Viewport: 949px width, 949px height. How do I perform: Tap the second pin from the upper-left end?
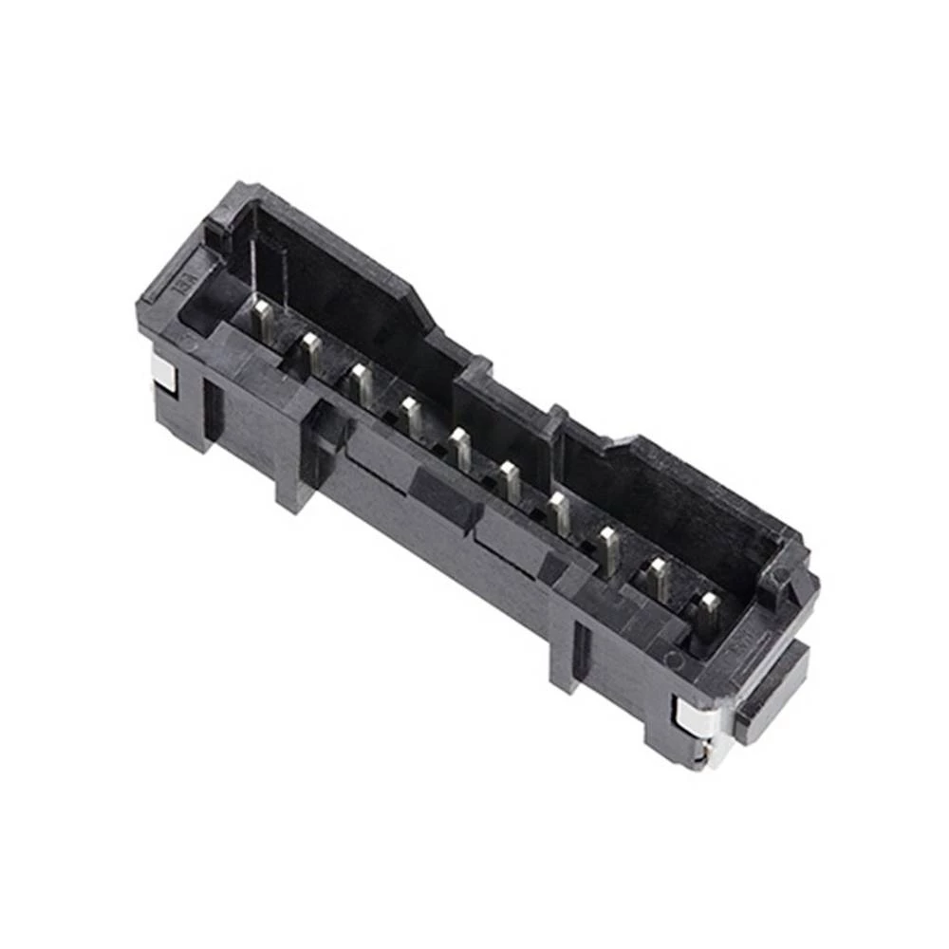[311, 351]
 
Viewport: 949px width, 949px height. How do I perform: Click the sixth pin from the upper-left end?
[511, 480]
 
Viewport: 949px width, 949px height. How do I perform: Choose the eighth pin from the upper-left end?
[608, 548]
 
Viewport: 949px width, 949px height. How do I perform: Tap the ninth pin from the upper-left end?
[658, 579]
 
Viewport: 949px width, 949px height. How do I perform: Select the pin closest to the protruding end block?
[708, 612]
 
